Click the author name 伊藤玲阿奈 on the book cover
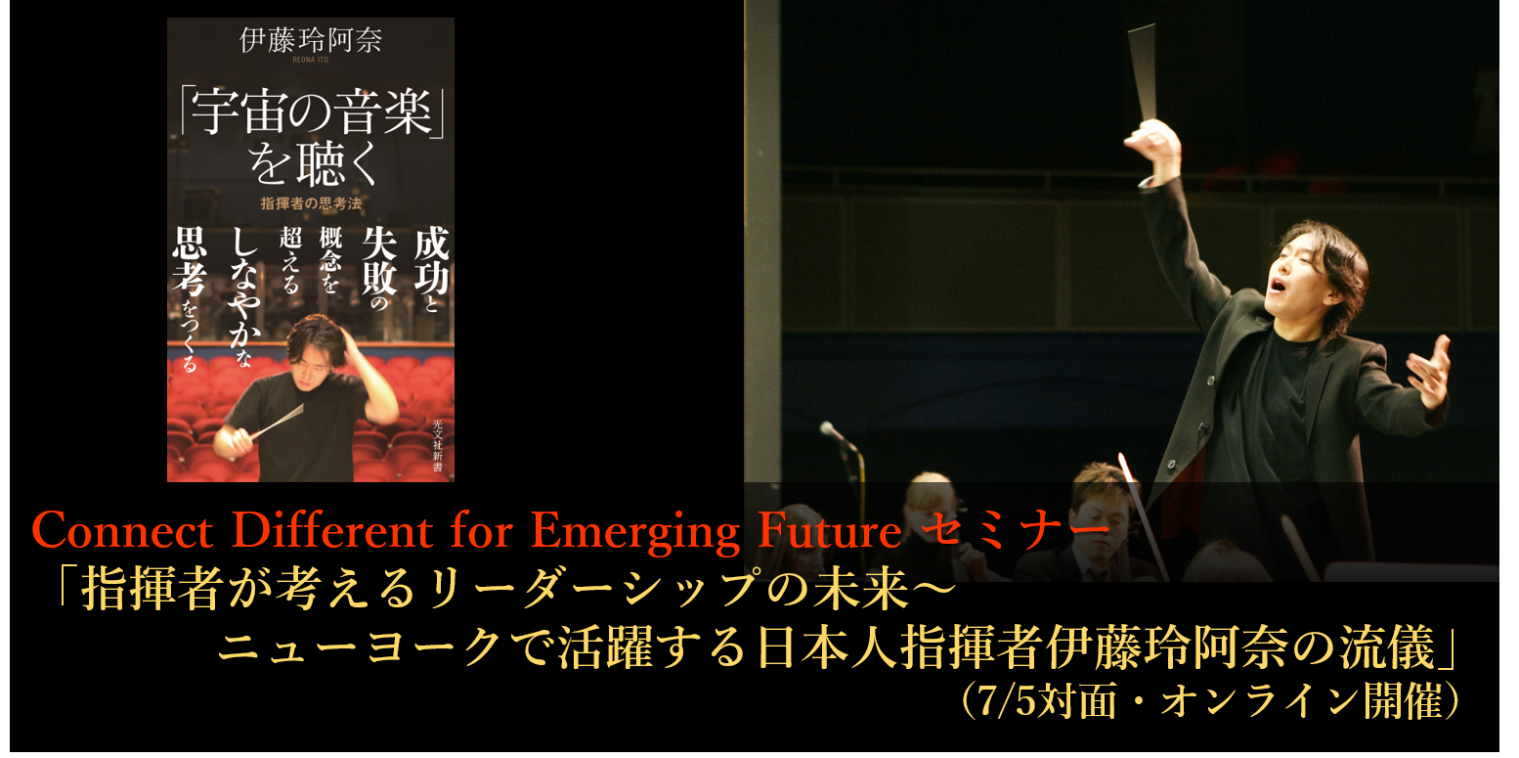(311, 40)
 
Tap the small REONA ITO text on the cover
(311, 60)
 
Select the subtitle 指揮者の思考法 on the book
(311, 202)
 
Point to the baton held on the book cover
(277, 421)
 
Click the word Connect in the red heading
(122, 530)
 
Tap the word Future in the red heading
(829, 530)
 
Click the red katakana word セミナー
(1016, 528)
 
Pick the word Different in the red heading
(332, 530)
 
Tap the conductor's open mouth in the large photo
(1278, 284)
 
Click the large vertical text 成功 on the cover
(431, 260)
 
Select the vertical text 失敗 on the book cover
(379, 260)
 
